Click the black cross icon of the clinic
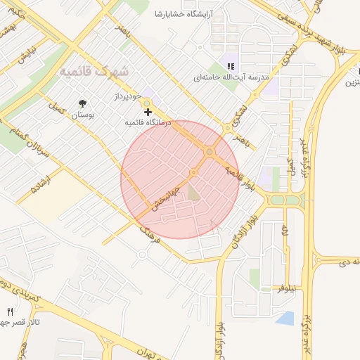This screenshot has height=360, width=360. (x=148, y=112)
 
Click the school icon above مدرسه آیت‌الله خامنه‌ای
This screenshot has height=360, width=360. (x=230, y=67)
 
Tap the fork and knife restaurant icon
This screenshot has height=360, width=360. (x=10, y=311)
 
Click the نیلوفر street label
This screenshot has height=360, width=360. (x=288, y=288)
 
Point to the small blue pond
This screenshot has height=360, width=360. (x=285, y=319)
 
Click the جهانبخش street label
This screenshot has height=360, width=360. (x=169, y=196)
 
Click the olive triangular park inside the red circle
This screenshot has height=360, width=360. (x=194, y=189)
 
